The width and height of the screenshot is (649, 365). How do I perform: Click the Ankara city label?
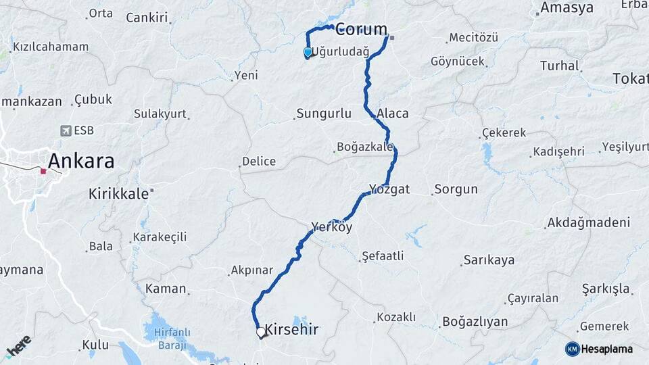[80, 162]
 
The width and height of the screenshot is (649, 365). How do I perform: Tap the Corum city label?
[362, 29]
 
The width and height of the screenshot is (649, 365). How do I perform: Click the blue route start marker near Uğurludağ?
[308, 52]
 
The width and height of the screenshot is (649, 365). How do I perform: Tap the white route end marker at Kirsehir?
[261, 332]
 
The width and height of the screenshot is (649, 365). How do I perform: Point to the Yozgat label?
[389, 189]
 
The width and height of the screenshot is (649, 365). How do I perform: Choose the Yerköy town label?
[332, 226]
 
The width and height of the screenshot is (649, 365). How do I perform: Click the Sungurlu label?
[324, 113]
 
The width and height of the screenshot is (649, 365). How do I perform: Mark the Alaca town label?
[393, 113]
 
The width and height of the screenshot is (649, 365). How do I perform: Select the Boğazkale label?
[365, 147]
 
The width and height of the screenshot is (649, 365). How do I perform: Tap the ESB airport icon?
[66, 130]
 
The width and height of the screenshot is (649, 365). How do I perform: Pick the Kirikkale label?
[118, 194]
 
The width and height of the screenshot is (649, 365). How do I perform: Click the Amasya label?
[567, 8]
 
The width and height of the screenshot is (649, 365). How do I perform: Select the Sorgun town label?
[456, 189]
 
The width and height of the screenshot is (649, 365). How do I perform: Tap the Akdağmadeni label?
[588, 222]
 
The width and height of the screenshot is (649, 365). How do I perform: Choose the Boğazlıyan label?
[475, 322]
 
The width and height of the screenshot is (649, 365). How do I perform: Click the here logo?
[19, 345]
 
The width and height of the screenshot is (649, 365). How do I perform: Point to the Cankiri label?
[147, 18]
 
